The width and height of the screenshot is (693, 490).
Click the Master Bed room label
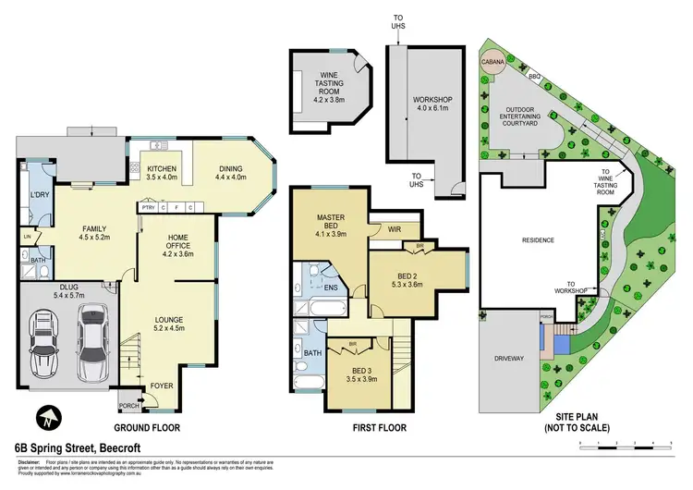pos(331,222)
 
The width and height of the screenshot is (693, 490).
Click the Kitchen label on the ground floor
pos(162,168)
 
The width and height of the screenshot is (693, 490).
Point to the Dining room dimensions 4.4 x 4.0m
pos(231,177)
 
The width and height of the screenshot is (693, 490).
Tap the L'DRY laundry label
pos(39,195)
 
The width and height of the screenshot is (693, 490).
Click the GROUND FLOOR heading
pos(146,428)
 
